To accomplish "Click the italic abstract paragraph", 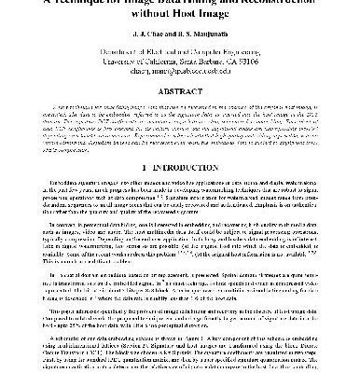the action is point(180,139).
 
